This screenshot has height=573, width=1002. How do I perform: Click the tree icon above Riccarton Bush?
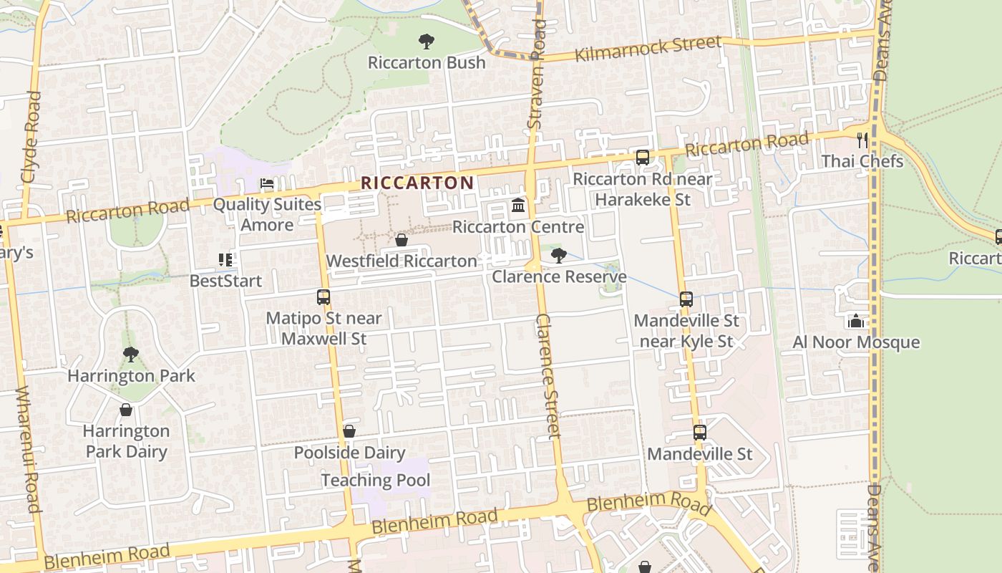pos(427,42)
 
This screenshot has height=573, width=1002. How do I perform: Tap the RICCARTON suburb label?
pos(417,183)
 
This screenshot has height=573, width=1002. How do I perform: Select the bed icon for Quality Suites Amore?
pos(267,183)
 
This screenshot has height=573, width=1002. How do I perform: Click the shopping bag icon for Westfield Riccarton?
pos(402,240)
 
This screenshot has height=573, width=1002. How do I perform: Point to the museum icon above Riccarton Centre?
pos(518,207)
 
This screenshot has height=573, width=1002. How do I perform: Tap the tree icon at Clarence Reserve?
pos(558,255)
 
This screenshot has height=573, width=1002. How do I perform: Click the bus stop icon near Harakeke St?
pos(643,158)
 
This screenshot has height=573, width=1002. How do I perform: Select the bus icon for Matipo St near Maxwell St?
pos(324,297)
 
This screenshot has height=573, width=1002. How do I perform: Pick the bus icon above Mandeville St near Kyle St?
pos(686,299)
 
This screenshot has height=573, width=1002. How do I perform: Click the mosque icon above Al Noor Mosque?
pos(855,321)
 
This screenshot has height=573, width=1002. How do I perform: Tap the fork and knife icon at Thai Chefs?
pos(862,140)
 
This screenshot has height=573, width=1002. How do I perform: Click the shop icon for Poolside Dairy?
pos(349,431)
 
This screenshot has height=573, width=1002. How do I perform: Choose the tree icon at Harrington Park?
pos(130,354)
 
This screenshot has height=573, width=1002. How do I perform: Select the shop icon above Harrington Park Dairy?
pos(126,410)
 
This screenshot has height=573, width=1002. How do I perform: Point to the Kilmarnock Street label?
pos(648,48)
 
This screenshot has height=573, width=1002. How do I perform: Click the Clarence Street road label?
pos(548,375)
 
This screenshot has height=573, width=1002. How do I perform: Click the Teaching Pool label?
pos(376,480)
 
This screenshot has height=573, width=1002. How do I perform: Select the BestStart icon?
pos(226,259)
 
